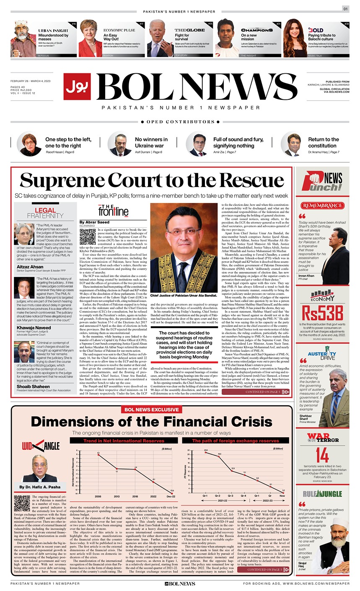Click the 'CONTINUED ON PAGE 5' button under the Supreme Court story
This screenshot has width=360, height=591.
click(x=267, y=392)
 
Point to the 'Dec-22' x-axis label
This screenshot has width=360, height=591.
click(x=171, y=496)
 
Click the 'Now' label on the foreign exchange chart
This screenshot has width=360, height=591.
click(x=283, y=496)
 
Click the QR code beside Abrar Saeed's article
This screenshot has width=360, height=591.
click(x=88, y=237)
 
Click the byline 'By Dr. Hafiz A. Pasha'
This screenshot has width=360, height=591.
click(x=40, y=487)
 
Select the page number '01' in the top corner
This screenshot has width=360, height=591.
click(x=345, y=9)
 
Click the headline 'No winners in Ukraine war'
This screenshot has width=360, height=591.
click(x=151, y=143)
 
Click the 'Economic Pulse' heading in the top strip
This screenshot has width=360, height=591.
click(x=119, y=31)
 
